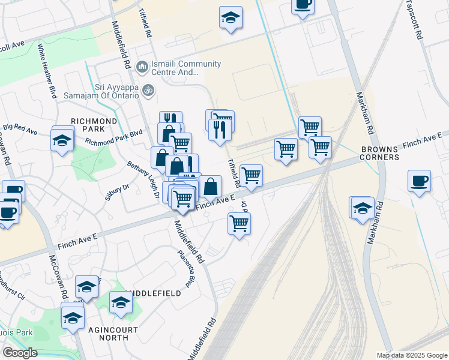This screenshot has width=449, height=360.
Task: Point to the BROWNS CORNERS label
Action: point(379,153)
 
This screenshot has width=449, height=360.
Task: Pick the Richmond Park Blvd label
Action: point(113,137)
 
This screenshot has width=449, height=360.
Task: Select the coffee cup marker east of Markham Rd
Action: point(419,179)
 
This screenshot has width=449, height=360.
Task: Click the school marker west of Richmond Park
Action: point(62,141)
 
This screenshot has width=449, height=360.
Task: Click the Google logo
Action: point(20,352)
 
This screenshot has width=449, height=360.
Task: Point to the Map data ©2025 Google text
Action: point(411,355)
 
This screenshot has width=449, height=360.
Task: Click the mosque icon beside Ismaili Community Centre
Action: point(142,66)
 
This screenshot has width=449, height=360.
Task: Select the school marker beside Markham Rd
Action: point(363,208)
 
